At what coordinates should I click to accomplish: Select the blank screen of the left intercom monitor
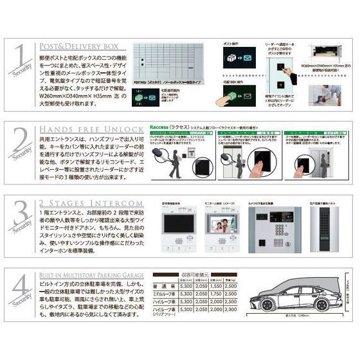172,235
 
